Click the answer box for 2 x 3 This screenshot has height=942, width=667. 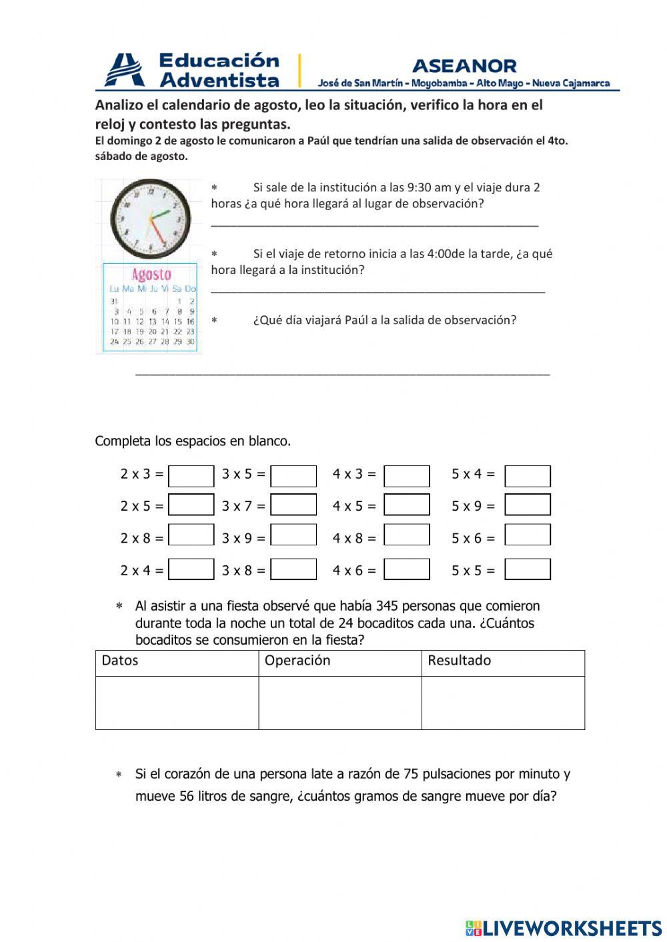click(x=191, y=477)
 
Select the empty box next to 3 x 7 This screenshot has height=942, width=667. click(x=293, y=505)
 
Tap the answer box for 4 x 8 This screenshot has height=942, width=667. click(x=407, y=535)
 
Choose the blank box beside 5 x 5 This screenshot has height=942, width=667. click(x=528, y=570)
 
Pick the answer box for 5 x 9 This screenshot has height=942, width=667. click(x=528, y=505)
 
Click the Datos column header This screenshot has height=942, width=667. click(x=120, y=661)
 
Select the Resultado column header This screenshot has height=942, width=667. click(x=459, y=661)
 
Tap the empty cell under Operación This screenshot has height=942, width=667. click(x=340, y=703)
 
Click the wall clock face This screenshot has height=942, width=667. click(x=148, y=219)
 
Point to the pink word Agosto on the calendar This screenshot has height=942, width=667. click(x=151, y=274)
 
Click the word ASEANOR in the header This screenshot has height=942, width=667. click(x=464, y=66)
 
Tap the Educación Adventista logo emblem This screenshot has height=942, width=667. click(x=125, y=70)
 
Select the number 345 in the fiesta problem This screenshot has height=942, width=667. click(x=388, y=606)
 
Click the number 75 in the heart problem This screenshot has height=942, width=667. click(x=412, y=774)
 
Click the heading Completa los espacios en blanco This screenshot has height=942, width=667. click(x=193, y=441)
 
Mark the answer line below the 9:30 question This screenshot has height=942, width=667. click(x=374, y=225)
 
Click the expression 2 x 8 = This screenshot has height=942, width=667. click(x=141, y=538)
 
